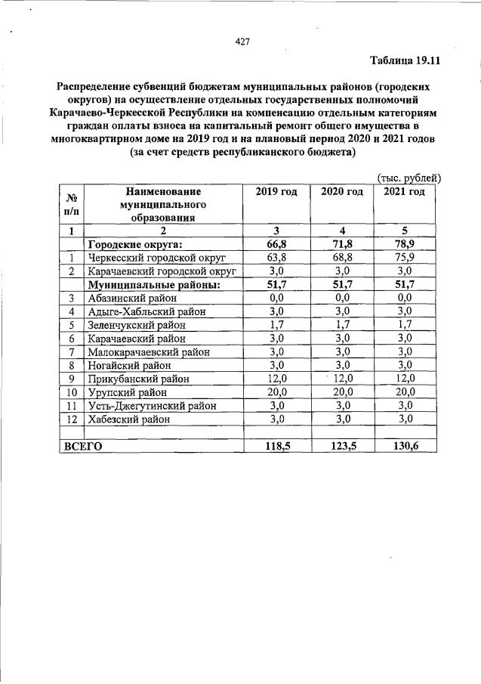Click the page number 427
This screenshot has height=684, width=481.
[242, 41]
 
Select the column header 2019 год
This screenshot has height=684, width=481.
[276, 192]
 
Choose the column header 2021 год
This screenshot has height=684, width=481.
[404, 192]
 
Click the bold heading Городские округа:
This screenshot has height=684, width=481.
[135, 245]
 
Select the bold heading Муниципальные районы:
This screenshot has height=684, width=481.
[154, 284]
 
